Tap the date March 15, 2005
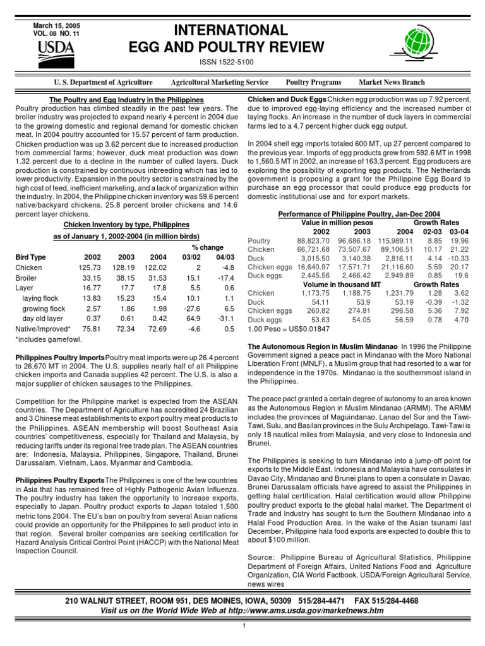point(56,26)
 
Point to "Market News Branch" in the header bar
point(392,83)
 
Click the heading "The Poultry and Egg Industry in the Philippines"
point(126,100)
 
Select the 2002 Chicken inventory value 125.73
point(89,268)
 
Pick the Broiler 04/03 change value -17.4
point(225,278)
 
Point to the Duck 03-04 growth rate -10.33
point(458,259)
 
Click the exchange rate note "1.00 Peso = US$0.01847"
point(289,329)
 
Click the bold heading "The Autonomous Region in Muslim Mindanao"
point(322,347)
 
